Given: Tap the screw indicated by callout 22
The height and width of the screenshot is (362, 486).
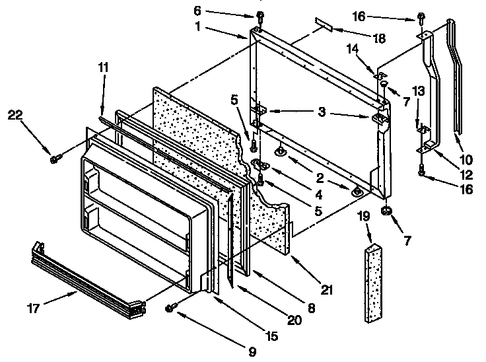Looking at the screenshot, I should pos(54,158).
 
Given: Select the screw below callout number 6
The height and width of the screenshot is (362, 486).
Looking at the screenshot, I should pos(260,17).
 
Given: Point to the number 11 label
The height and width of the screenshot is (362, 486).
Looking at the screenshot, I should pos(102,69).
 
